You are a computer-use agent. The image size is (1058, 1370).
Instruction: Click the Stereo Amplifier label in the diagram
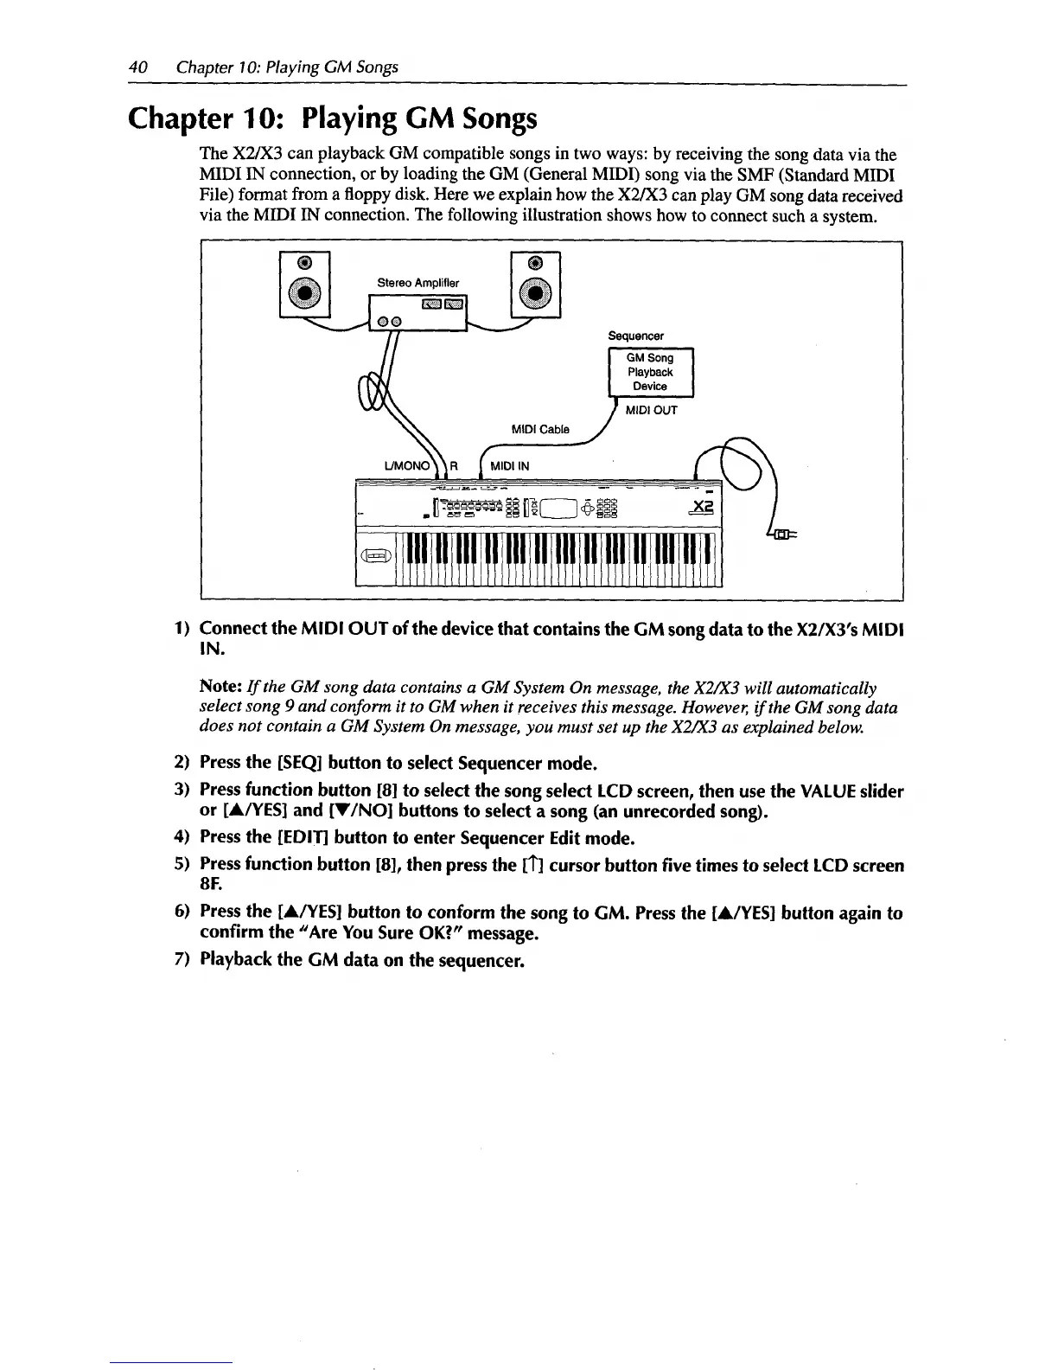tap(418, 283)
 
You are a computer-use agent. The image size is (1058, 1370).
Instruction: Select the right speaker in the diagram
tap(536, 285)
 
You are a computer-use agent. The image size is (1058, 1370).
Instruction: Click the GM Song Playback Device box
tap(649, 372)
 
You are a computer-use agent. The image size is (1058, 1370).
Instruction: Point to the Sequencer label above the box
tap(635, 336)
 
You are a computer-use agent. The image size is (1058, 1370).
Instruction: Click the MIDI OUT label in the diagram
tap(651, 410)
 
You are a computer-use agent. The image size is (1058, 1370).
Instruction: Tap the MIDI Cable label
tap(540, 429)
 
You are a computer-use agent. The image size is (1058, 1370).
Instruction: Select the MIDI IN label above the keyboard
tap(509, 466)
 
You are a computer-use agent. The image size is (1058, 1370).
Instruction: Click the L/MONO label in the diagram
tap(407, 466)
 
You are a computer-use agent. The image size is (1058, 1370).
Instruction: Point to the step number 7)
tap(182, 960)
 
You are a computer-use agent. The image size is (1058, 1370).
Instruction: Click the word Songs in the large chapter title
tap(495, 118)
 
